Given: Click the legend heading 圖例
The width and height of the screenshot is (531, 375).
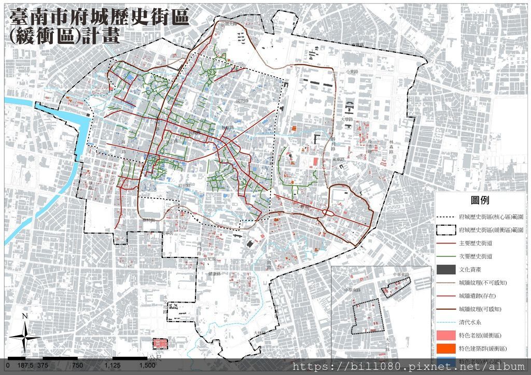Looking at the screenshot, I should tap(480, 200).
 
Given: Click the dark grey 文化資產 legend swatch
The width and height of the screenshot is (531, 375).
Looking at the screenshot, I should tap(446, 270).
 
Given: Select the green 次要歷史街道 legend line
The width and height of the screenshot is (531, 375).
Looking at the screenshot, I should tap(446, 256).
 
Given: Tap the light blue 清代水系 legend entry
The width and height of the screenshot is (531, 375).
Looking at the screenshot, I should tap(446, 322).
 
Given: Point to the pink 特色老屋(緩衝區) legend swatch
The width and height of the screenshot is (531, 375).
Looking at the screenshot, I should tap(446, 335).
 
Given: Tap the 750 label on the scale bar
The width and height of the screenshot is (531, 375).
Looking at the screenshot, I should tap(77, 365).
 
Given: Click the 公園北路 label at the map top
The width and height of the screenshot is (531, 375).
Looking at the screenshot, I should tap(228, 24).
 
